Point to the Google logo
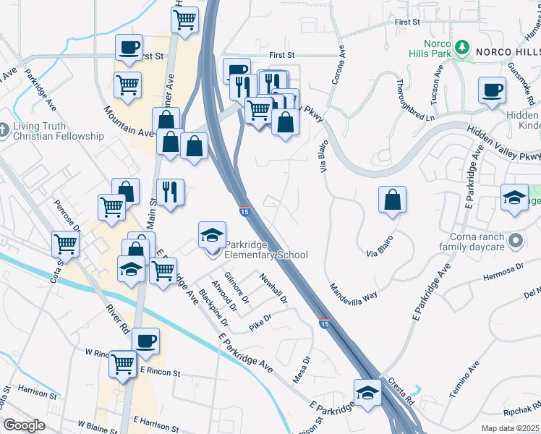[x=24, y=425]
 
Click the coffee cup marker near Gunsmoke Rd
[x=492, y=91]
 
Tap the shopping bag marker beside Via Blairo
[x=391, y=200]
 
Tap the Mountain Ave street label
[x=128, y=122]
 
